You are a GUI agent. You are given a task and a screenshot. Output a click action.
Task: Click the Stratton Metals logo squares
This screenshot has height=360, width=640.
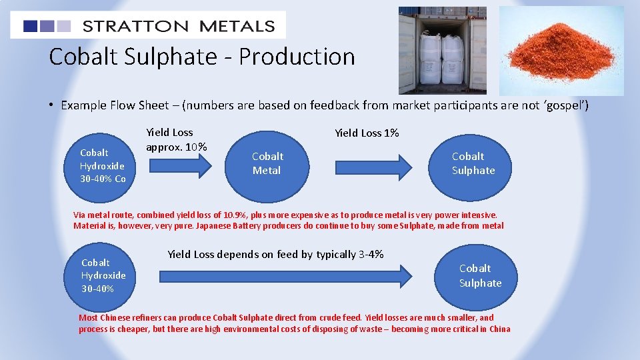(47, 26)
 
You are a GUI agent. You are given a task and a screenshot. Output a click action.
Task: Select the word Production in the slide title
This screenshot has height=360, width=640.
(297, 57)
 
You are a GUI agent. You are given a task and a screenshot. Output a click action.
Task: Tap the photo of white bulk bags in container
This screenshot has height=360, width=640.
(442, 51)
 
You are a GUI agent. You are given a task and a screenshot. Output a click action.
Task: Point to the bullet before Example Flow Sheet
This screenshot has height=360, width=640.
(51, 105)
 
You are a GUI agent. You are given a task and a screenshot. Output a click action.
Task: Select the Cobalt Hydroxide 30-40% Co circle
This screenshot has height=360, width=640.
(103, 165)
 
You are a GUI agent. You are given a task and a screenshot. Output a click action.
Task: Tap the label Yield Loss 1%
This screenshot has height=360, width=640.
(367, 133)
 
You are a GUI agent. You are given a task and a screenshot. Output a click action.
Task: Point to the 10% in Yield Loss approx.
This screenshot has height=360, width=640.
(195, 147)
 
